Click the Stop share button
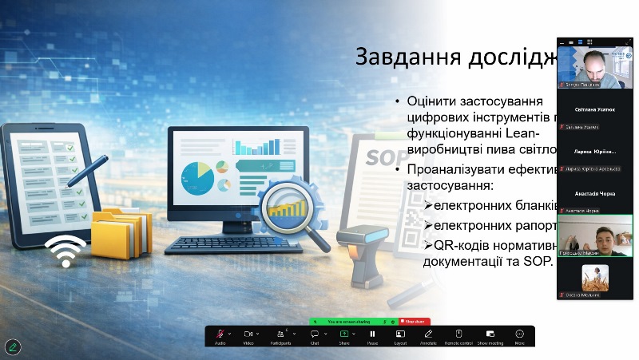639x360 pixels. coord(414,321)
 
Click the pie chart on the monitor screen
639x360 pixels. coord(197,177)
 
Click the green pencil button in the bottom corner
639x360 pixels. coord(12,347)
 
